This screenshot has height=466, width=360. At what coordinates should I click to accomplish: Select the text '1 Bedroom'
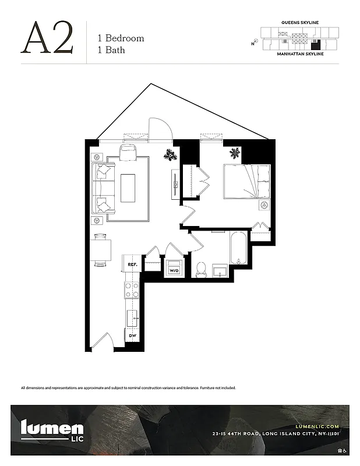(x=121, y=38)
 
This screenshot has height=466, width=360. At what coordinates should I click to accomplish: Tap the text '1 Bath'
(x=111, y=50)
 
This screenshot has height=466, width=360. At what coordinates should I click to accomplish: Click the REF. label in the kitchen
(x=132, y=264)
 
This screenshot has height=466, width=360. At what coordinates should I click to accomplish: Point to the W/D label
(x=174, y=271)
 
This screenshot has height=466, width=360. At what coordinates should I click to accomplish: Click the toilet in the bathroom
(x=202, y=269)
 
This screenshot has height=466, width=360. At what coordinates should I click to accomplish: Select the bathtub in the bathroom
(x=239, y=248)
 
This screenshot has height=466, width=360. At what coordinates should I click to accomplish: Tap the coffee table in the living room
(x=128, y=188)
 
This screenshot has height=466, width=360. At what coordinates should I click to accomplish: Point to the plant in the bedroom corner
(x=235, y=153)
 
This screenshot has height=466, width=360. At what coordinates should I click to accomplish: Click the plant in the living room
(x=171, y=154)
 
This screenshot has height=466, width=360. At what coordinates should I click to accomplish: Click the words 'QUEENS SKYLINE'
(x=300, y=22)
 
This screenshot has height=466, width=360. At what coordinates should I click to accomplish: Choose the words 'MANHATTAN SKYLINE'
(x=300, y=54)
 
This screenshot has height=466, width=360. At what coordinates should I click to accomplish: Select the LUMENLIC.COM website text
(x=317, y=426)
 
